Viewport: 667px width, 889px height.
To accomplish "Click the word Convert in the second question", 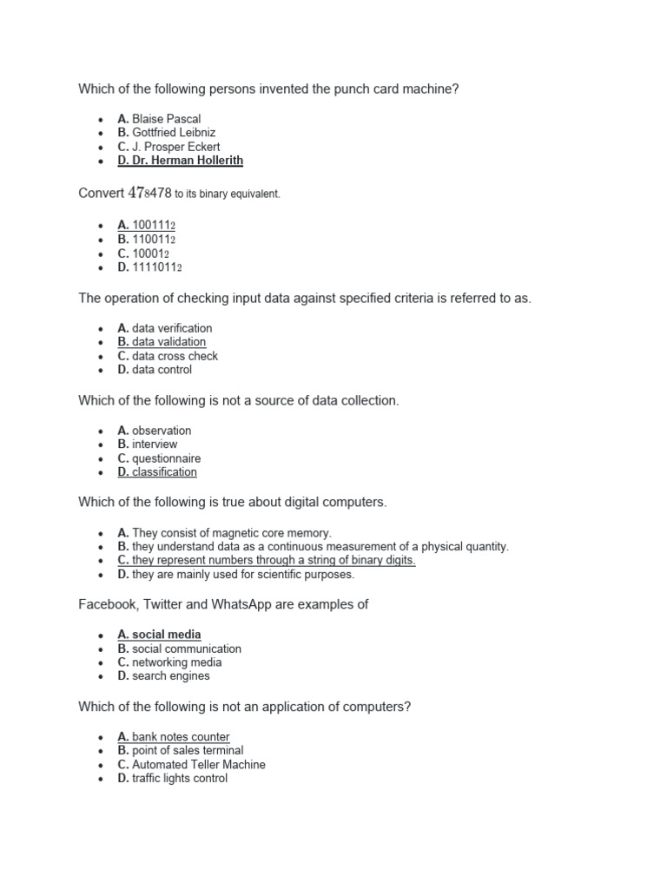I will pyautogui.click(x=102, y=193).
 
